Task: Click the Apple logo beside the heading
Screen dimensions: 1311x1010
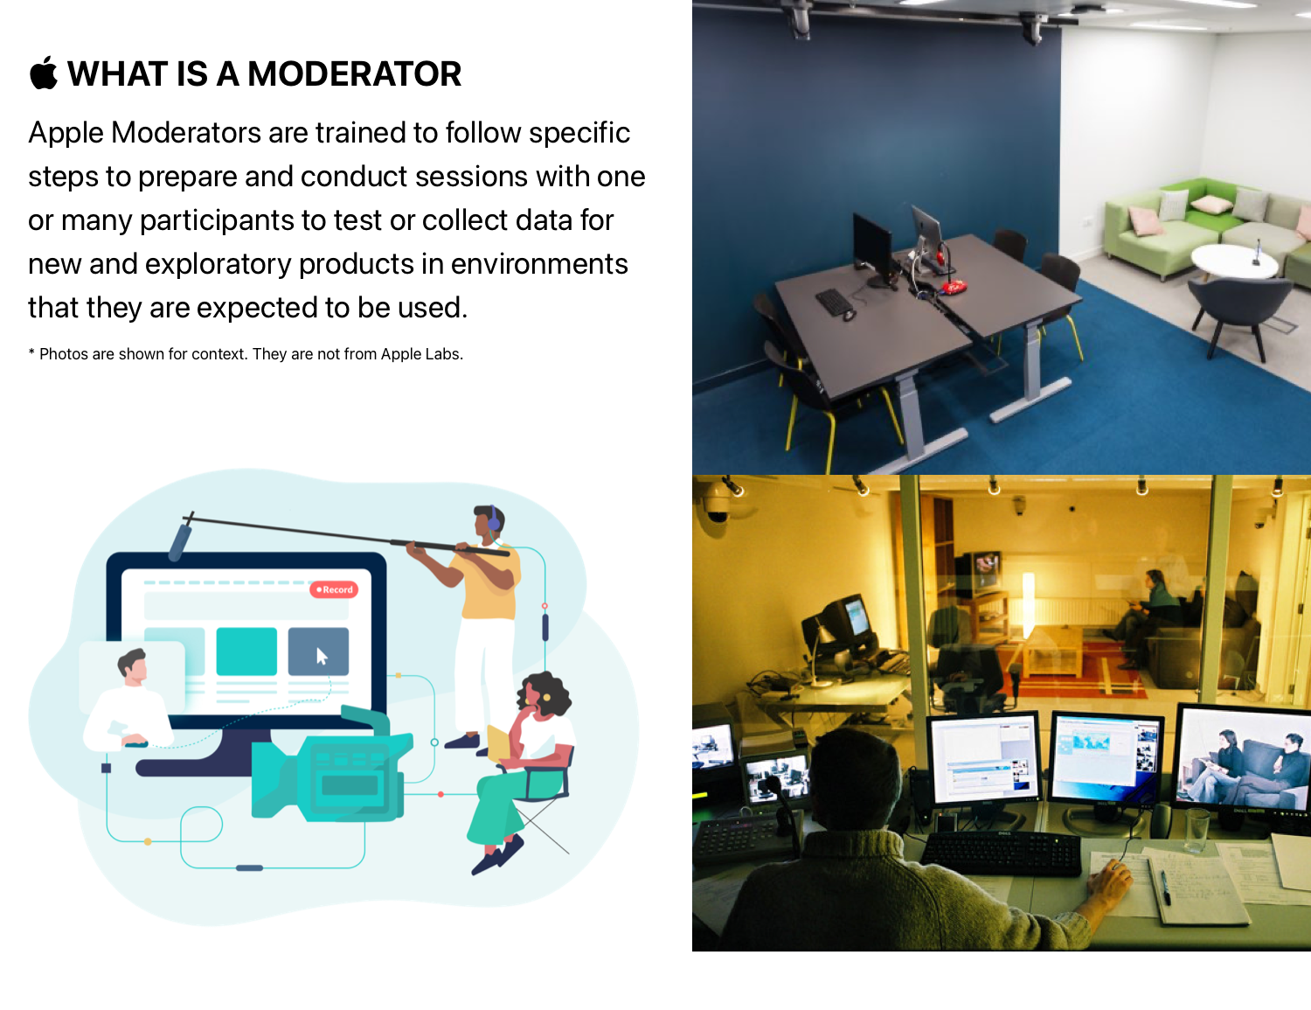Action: click(44, 73)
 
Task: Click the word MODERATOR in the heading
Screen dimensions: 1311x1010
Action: click(354, 74)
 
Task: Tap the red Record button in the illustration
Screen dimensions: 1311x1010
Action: click(334, 589)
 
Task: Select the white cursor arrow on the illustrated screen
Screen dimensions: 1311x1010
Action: click(322, 656)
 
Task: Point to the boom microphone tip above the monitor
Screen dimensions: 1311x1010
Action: click(179, 542)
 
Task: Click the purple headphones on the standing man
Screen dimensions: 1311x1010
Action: click(493, 518)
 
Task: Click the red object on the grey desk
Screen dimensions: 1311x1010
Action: click(954, 287)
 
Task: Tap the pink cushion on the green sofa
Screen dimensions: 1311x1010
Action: click(1146, 220)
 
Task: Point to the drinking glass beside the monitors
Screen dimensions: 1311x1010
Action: click(1197, 830)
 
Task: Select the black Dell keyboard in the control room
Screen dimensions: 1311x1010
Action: click(1001, 853)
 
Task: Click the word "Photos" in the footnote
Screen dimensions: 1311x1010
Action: click(63, 354)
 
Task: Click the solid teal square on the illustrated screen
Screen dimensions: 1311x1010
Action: click(246, 651)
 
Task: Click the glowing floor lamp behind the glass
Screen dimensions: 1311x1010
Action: click(1028, 603)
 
